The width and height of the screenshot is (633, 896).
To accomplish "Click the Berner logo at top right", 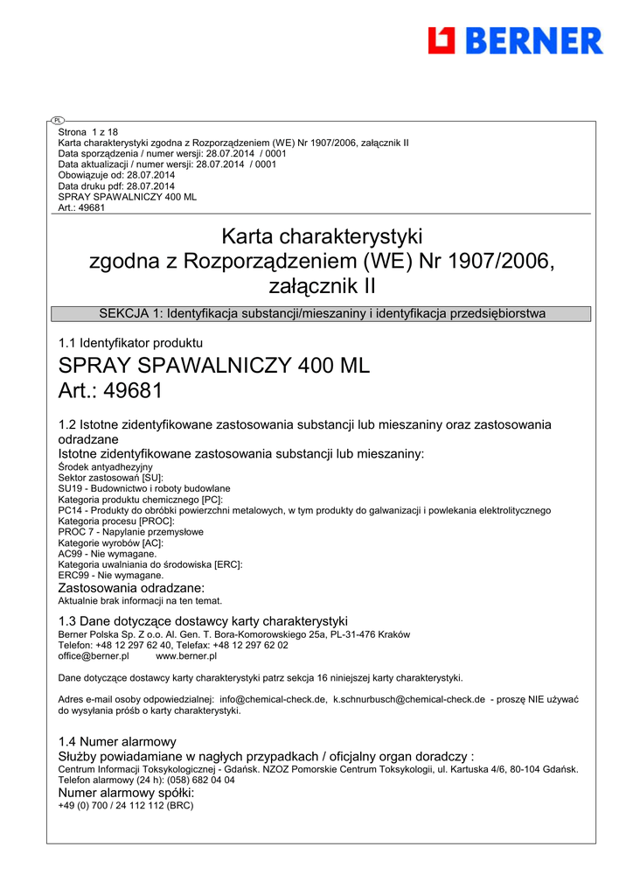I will click(x=515, y=40).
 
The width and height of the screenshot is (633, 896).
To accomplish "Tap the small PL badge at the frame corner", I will click(x=57, y=120).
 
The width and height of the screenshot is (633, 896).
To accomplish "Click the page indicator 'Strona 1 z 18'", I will click(x=87, y=132).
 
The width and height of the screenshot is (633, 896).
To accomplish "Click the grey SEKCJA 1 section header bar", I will click(x=322, y=313).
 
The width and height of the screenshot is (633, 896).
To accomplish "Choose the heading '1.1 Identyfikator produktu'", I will click(x=130, y=343).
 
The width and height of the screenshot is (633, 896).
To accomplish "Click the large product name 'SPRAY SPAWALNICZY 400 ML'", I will click(x=213, y=366).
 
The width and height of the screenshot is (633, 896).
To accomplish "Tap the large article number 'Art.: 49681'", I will click(x=110, y=390).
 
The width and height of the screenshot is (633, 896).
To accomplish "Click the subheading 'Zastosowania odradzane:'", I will click(x=131, y=588).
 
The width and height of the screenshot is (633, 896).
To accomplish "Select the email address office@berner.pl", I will click(x=94, y=655).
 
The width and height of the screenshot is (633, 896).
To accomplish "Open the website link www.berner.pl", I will click(x=186, y=655).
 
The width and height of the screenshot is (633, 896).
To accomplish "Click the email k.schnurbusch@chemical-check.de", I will click(x=409, y=700).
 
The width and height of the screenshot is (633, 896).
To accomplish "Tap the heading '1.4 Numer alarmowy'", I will click(x=117, y=741).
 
